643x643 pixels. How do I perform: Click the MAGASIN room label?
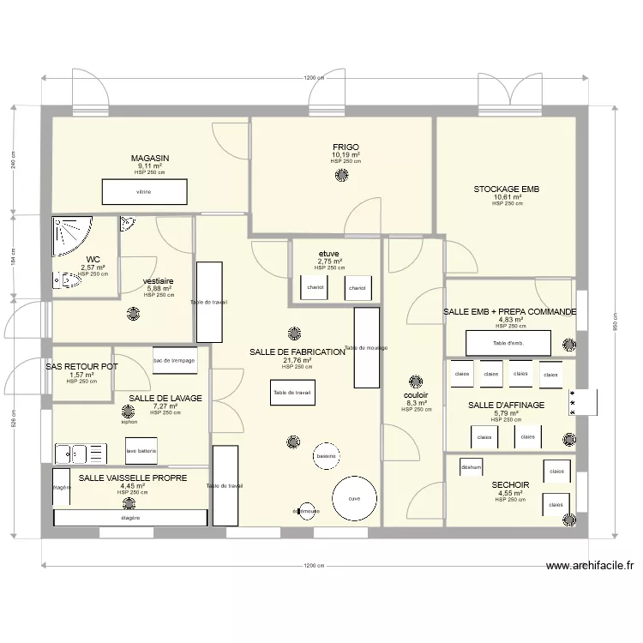click(x=150, y=159)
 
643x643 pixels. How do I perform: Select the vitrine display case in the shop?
click(x=144, y=192)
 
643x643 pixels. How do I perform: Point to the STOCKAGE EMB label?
click(x=507, y=189)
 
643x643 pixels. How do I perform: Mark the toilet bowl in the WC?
click(x=66, y=279)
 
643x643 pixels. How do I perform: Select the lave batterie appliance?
click(x=142, y=450)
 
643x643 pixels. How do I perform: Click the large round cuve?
click(x=354, y=498)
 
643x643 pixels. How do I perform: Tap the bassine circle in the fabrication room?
click(x=326, y=456)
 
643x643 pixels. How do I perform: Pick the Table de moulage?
click(x=366, y=348)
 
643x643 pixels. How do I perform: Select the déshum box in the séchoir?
click(x=471, y=467)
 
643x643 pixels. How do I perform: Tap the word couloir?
click(x=415, y=395)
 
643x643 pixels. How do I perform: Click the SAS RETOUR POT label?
click(x=81, y=366)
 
